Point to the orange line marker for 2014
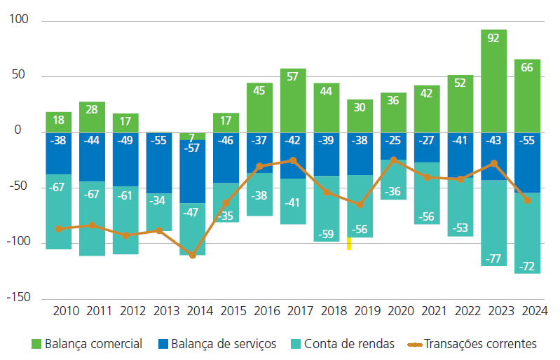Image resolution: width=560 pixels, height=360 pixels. (x=193, y=255)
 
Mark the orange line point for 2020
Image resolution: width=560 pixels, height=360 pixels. (x=393, y=160)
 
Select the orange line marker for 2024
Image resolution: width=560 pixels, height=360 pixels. (x=527, y=200)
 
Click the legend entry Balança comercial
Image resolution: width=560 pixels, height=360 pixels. (x=87, y=344)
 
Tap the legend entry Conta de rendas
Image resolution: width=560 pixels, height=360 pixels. (x=348, y=344)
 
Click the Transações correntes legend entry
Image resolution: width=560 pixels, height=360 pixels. (x=477, y=344)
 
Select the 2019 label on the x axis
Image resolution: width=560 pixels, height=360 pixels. (x=360, y=310)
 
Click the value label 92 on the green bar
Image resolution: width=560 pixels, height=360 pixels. (x=493, y=39)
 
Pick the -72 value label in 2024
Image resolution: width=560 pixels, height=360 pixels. (x=527, y=267)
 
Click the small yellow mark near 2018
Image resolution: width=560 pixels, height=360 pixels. (x=349, y=244)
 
